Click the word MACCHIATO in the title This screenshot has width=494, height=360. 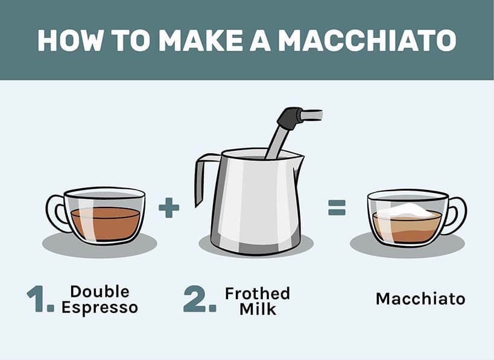[x=367, y=39]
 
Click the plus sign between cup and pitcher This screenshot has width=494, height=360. [x=169, y=209]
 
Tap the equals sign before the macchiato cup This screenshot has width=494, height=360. [x=337, y=209]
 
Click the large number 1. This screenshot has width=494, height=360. [x=40, y=300]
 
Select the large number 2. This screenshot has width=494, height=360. [x=200, y=300]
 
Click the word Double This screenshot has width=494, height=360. [x=100, y=292]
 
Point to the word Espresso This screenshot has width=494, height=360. [x=100, y=308]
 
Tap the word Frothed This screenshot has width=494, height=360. [x=257, y=294]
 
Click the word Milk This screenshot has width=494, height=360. [x=257, y=309]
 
